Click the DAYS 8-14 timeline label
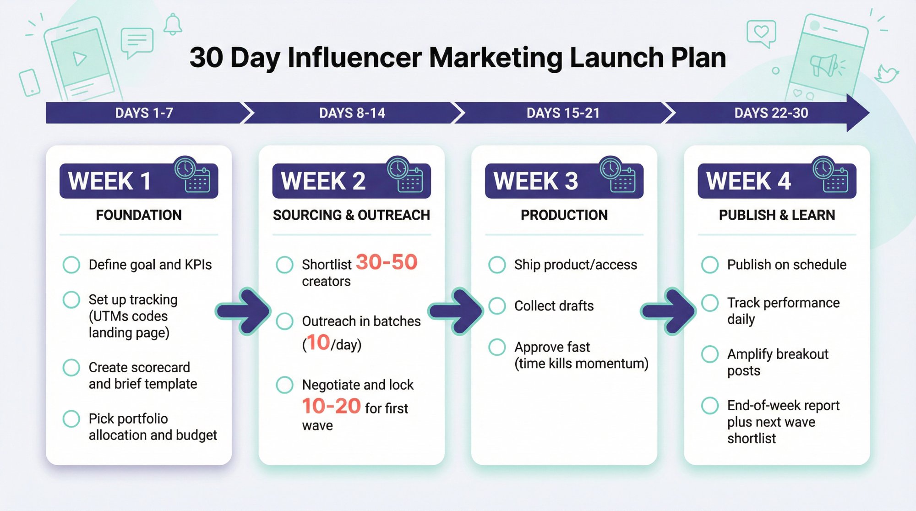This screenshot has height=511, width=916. (352, 113)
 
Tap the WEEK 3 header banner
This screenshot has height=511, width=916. (564, 180)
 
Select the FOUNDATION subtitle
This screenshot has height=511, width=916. (138, 215)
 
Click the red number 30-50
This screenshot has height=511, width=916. (387, 262)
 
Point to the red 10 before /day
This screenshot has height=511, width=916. (318, 342)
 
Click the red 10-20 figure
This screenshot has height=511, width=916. (331, 406)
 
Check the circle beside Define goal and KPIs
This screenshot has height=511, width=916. (71, 265)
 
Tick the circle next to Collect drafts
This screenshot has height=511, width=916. (497, 306)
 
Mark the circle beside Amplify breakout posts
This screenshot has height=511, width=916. (710, 354)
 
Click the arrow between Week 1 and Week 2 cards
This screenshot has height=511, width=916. (243, 311)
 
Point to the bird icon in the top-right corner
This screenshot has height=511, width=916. (887, 74)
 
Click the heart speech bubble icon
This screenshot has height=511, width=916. (761, 33)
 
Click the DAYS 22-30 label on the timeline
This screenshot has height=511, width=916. (771, 113)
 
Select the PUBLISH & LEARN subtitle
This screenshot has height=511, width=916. (777, 215)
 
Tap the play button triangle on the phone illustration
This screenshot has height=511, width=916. (80, 58)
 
